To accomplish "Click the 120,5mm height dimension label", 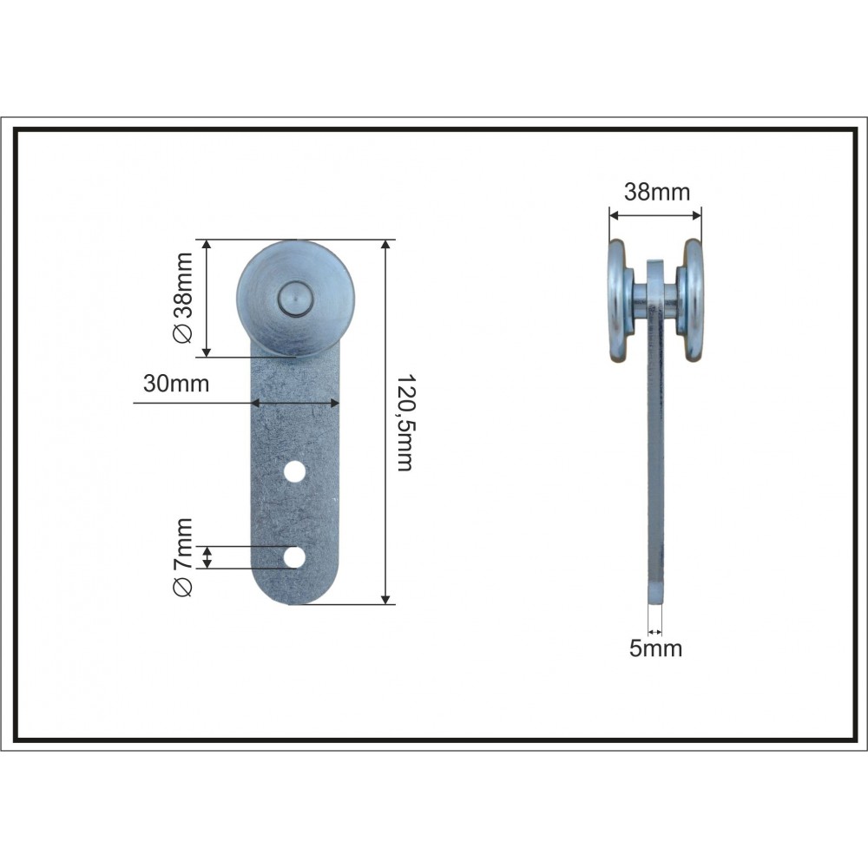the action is [405, 423].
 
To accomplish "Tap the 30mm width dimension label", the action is [176, 384].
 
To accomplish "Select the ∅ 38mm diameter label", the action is [182, 298].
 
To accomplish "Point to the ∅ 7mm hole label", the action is [182, 557].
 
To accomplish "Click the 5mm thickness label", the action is [655, 648].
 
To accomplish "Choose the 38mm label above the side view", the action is [657, 192].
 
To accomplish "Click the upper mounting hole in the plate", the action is [294, 471].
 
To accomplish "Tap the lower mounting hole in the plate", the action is [294, 557].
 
